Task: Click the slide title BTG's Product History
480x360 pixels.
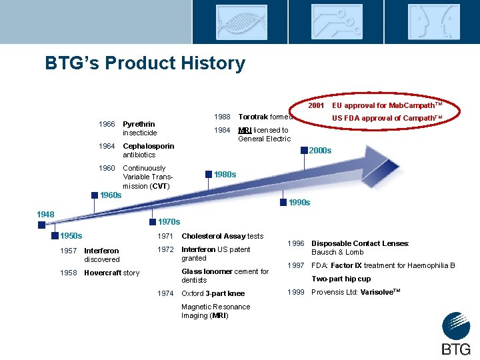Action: (145, 63)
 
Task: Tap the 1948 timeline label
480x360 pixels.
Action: (45, 215)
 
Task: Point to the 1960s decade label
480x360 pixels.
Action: (110, 195)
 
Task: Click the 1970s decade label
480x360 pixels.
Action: (169, 222)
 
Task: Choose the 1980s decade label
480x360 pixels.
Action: (225, 175)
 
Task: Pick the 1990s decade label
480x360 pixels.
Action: (299, 203)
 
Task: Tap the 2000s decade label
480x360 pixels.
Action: (320, 151)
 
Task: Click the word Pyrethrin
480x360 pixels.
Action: (139, 124)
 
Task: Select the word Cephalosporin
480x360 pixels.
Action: (149, 146)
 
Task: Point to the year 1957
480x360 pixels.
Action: (69, 251)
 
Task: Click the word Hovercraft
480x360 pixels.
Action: (103, 273)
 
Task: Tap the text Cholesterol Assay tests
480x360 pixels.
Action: (222, 236)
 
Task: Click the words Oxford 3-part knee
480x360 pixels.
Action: (213, 293)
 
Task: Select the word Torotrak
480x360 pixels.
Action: (253, 117)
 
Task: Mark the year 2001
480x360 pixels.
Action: (316, 105)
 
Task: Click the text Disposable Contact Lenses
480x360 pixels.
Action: (359, 243)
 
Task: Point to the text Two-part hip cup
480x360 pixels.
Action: (341, 279)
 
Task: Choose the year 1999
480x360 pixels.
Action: (296, 292)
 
